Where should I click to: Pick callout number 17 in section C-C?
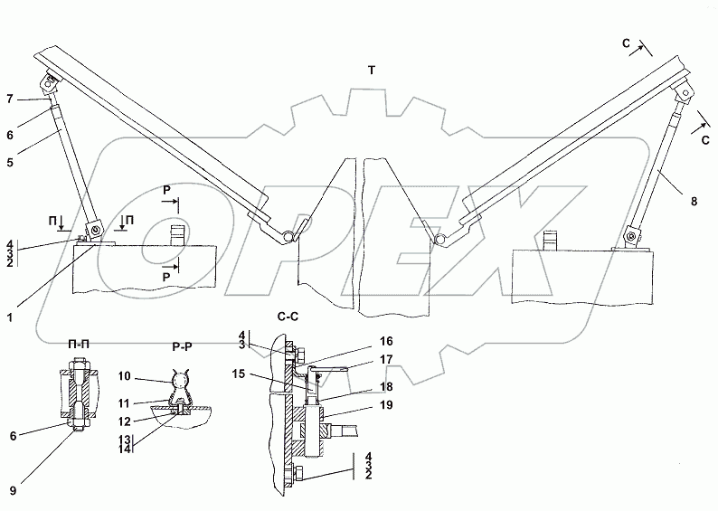click(x=386, y=361)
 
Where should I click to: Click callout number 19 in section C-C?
click(x=386, y=407)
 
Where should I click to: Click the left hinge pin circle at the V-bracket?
click(x=288, y=236)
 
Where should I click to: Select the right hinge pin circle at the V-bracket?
click(x=442, y=239)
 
